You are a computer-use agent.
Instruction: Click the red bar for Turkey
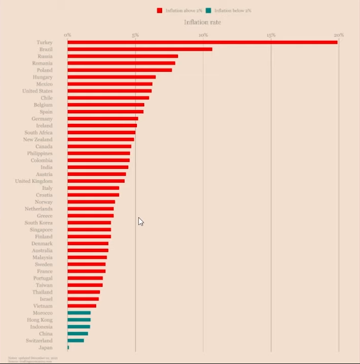202,42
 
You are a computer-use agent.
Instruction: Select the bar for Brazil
139,49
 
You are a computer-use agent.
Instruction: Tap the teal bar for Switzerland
75,340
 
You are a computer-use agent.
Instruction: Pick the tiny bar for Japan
68,347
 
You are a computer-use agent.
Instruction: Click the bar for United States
109,91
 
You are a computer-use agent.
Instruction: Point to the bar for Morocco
79,313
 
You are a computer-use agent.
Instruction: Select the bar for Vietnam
81,306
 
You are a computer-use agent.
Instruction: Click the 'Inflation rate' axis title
202,22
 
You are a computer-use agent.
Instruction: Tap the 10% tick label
203,35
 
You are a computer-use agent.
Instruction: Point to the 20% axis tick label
338,35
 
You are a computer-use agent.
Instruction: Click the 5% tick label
135,35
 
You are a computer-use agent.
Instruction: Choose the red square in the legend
160,10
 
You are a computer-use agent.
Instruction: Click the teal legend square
209,10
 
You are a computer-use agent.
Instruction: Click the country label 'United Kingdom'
33,181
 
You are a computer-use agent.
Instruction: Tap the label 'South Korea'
38,222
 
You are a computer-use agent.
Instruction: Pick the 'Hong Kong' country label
39,320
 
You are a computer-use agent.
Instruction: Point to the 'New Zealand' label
37,140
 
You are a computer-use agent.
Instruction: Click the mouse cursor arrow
141,221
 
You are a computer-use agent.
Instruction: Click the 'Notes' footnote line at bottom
32,357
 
